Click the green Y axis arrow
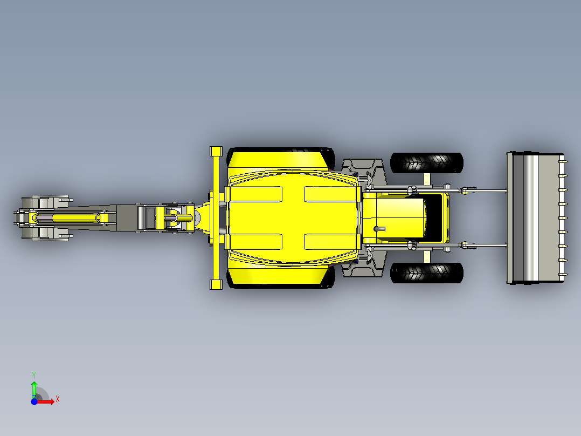click(x=33, y=387)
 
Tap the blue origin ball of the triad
click(x=33, y=401)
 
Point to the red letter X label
click(x=57, y=399)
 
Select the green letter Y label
click(x=33, y=374)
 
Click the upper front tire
click(x=426, y=162)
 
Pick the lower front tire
click(x=426, y=273)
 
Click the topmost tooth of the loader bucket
click(x=562, y=161)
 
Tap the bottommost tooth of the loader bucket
click(x=562, y=275)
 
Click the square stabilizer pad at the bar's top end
click(x=216, y=151)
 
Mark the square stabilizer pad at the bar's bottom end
click(x=216, y=284)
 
